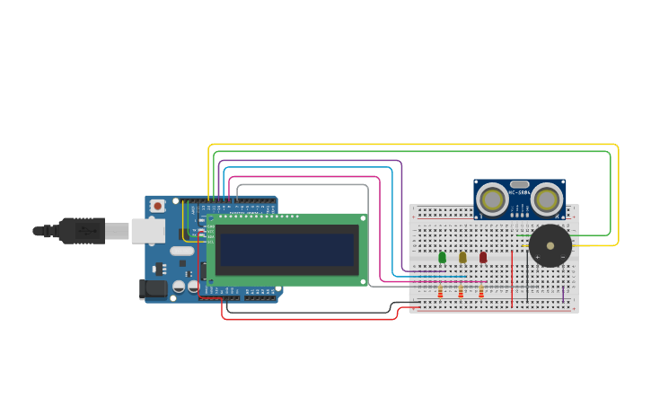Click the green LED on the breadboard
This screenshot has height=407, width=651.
[x=442, y=258]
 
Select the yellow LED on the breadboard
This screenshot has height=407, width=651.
[x=462, y=258]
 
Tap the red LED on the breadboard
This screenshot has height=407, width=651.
[x=483, y=258]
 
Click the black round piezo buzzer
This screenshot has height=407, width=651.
[x=550, y=245]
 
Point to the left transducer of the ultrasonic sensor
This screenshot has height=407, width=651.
[x=492, y=198]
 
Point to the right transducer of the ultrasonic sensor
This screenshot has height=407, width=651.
[x=547, y=198]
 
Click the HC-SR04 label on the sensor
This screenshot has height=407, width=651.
[x=518, y=192]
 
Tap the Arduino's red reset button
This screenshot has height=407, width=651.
[x=158, y=206]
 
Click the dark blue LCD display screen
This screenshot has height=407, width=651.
[x=286, y=250]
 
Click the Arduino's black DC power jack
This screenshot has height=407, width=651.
[x=154, y=289]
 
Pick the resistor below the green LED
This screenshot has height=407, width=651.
[x=440, y=292]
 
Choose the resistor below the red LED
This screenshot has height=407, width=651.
[x=481, y=292]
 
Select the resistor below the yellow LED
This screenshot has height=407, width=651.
[x=461, y=292]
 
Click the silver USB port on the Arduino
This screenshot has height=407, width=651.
[x=146, y=231]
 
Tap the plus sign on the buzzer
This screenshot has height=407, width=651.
[x=537, y=256]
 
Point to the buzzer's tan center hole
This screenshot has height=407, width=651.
[x=550, y=245]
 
